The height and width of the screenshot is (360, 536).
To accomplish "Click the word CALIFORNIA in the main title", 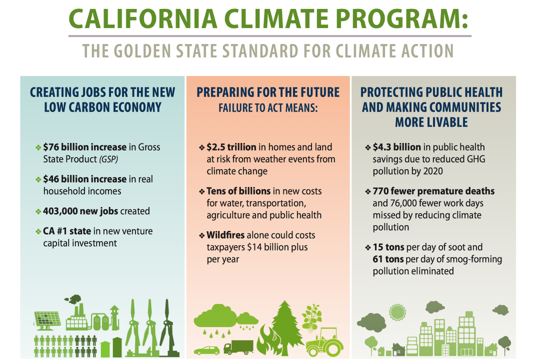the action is coord(143,18).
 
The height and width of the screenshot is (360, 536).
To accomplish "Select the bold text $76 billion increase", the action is coord(85,147).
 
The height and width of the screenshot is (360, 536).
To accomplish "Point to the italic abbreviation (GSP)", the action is coord(108,159).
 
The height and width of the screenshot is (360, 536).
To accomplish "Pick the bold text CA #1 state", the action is coord(67,231).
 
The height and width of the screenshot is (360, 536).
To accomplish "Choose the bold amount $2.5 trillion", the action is coord(232,147).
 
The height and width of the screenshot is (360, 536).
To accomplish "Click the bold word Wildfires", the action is coord(226,235).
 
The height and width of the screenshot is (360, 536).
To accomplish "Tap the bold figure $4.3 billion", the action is coord(397,147).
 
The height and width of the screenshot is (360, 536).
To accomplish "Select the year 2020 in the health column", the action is coord(433,171).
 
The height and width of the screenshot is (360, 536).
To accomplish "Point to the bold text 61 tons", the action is coord(388,259).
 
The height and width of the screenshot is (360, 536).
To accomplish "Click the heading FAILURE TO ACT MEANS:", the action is coord(268,108).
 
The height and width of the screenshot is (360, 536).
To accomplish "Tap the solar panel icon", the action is coord(47,320).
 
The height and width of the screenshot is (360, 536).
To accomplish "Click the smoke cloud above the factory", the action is coord(73,299).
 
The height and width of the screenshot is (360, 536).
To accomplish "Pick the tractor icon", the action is coord(324,342).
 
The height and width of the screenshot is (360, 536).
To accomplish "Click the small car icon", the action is coord(207,351).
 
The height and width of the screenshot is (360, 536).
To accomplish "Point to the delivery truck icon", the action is coord(238,347).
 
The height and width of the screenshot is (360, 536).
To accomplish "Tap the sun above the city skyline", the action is coord(397,312).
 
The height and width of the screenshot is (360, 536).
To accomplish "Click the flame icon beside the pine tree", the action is coord(266,340).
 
